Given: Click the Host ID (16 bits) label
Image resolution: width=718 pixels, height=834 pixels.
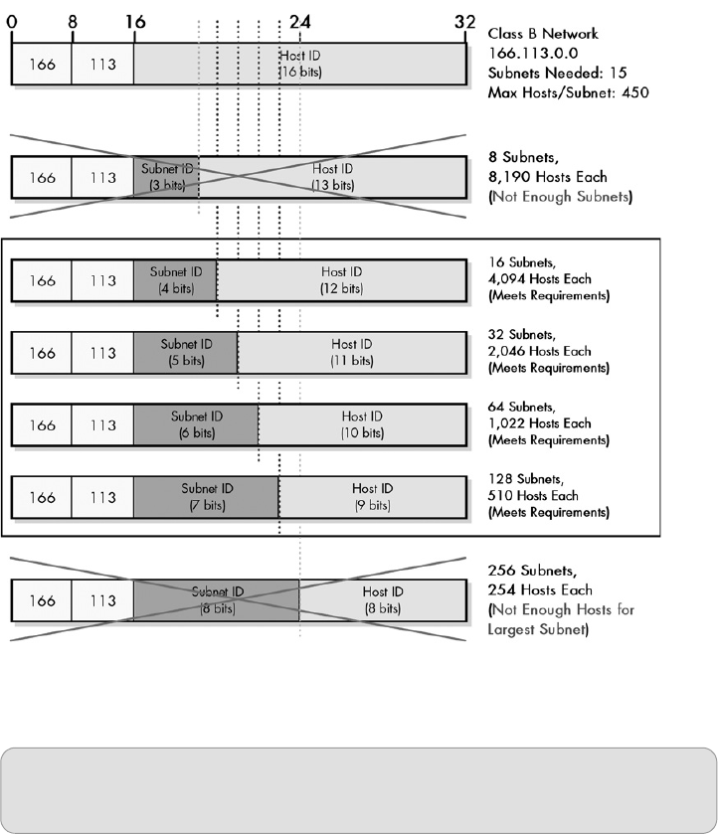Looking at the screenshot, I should pos(300,64).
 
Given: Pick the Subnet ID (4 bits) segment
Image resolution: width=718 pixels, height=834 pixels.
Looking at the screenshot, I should pos(175,280).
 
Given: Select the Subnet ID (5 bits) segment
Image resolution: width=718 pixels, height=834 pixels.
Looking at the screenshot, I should pos(186,352).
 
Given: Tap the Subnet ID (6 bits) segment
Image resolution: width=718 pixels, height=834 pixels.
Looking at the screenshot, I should pos(196,424).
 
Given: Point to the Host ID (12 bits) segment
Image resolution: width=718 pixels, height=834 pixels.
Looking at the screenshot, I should pos(341,280).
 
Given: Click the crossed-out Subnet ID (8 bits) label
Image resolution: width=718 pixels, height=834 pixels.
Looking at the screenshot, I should pos(216,599).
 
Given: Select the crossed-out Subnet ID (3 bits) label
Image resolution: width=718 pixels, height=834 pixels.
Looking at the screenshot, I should pos(166,177).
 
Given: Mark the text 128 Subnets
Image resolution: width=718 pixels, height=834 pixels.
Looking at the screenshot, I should pos(523,477).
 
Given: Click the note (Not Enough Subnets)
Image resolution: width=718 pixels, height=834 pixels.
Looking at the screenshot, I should pos(554,197).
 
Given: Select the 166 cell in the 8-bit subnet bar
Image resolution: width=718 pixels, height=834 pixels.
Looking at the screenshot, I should pos(42,600).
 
